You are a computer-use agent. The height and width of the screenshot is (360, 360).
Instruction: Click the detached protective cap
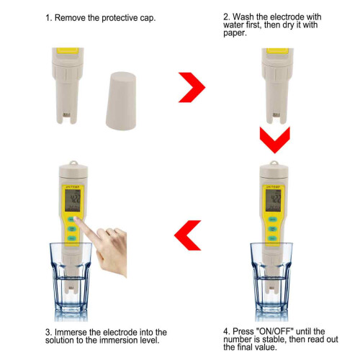click(x=121, y=101)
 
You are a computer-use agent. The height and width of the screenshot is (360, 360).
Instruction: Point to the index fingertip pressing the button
click(x=76, y=218)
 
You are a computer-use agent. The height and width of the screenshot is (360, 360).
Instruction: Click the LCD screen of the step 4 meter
click(x=274, y=200)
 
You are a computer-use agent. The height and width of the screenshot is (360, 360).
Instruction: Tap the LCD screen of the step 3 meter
click(x=73, y=200)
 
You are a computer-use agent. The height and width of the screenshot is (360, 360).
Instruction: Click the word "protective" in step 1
click(x=117, y=18)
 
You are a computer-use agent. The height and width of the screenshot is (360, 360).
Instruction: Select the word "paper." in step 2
click(x=235, y=33)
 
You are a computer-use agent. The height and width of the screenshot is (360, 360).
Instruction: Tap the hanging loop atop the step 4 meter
click(x=274, y=163)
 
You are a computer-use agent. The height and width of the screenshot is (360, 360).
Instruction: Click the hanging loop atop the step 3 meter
click(x=73, y=163)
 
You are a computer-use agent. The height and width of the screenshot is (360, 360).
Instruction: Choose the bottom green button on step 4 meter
click(x=273, y=238)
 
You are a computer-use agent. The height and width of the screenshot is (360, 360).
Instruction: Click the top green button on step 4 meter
click(x=273, y=220)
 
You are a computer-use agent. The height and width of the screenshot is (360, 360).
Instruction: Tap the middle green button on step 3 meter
click(x=72, y=229)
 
